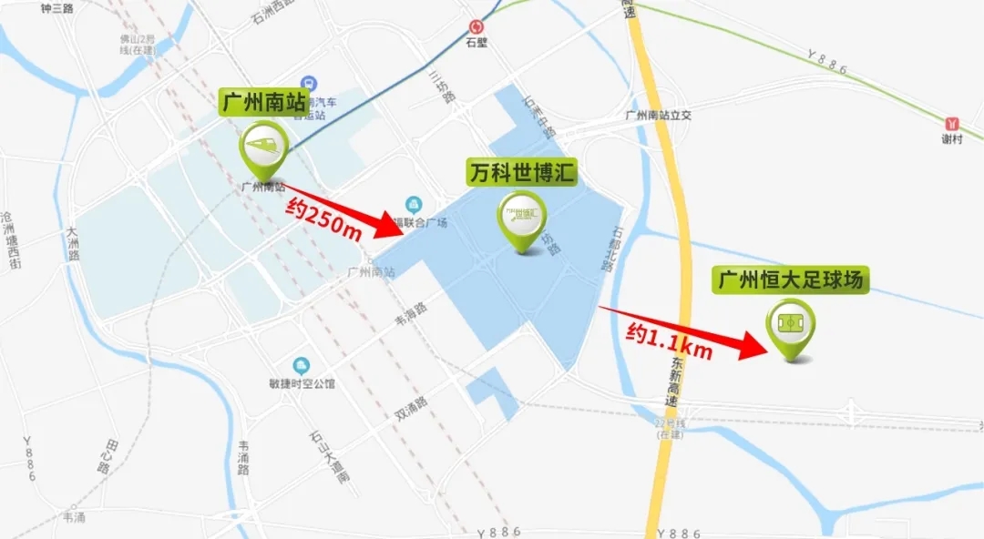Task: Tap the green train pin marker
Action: tap(264, 150)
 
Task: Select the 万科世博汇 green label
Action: tap(522, 172)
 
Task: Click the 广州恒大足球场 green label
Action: tap(790, 280)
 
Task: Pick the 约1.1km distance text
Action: tap(668, 341)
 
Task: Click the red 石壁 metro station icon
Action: tap(475, 27)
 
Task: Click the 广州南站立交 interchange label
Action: tap(660, 116)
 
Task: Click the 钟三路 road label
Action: tap(57, 8)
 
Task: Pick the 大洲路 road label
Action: tap(72, 243)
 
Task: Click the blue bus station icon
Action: tap(309, 83)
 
